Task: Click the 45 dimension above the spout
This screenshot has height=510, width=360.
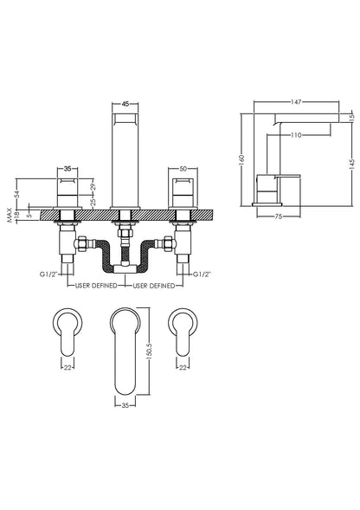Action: tap(125, 103)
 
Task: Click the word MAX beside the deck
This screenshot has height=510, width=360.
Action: tap(8, 213)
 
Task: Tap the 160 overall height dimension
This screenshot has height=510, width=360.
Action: tap(244, 159)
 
